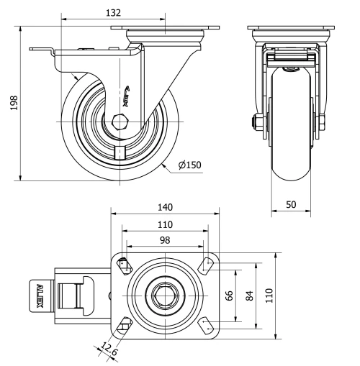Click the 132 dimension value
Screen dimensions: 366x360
pyautogui.click(x=112, y=12)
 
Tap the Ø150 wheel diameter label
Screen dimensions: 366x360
pyautogui.click(x=189, y=165)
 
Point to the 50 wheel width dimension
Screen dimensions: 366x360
pyautogui.click(x=291, y=205)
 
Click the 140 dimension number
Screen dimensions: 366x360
pyautogui.click(x=164, y=206)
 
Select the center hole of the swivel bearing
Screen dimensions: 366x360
pyautogui.click(x=163, y=294)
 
